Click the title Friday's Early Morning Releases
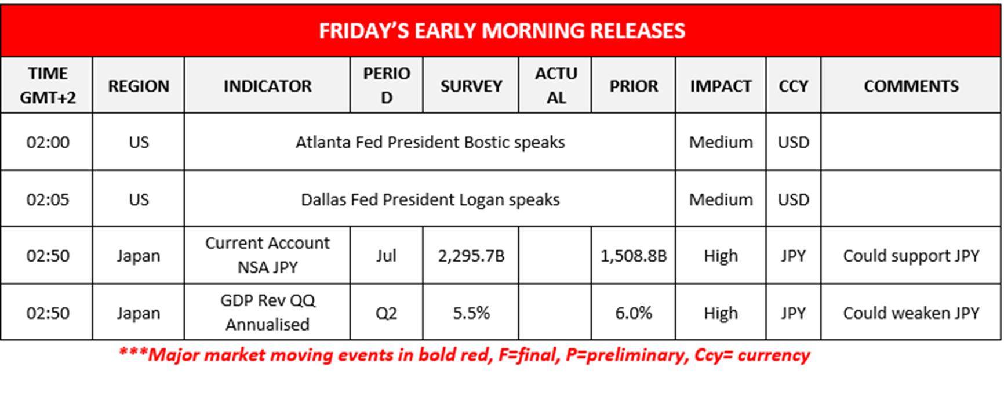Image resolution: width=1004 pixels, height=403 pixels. (x=501, y=31)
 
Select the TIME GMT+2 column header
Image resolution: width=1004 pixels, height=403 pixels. (x=48, y=85)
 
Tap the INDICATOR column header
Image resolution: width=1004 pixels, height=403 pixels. (x=267, y=86)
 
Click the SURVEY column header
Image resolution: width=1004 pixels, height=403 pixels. (x=471, y=86)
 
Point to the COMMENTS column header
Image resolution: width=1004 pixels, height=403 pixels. (x=911, y=86)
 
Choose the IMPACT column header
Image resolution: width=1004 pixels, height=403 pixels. (x=720, y=86)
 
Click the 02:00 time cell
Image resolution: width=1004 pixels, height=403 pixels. (x=48, y=142)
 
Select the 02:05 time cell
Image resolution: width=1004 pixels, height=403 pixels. (x=48, y=199)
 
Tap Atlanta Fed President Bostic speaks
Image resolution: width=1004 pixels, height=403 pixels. (x=430, y=142)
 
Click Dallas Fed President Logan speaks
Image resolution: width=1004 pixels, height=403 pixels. (x=430, y=199)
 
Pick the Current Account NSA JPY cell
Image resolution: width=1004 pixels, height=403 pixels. (x=267, y=255)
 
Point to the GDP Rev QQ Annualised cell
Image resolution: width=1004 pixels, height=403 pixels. (x=267, y=313)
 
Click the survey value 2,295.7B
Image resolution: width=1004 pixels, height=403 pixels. (x=471, y=256)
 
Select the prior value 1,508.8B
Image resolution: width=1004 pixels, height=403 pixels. (x=633, y=256)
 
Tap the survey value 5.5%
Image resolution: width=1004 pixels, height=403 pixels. (x=471, y=313)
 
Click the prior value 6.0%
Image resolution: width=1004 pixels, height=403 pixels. (x=633, y=313)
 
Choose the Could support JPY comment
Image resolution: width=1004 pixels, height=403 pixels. (x=911, y=256)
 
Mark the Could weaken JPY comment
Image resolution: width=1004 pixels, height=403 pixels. (x=911, y=313)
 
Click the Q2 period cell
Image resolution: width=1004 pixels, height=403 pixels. (x=386, y=313)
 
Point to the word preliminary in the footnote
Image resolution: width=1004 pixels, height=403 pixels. (x=635, y=355)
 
